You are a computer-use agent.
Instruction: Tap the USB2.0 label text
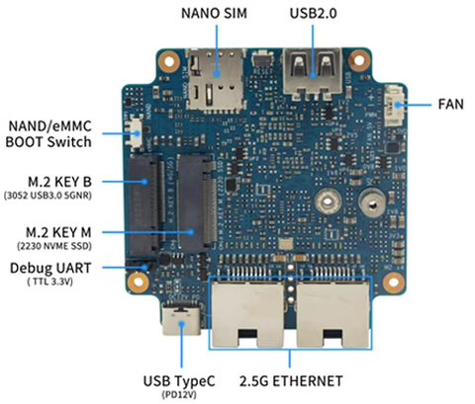[313, 14]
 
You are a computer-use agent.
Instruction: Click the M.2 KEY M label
[60, 231]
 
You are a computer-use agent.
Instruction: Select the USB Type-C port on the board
[183, 322]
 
